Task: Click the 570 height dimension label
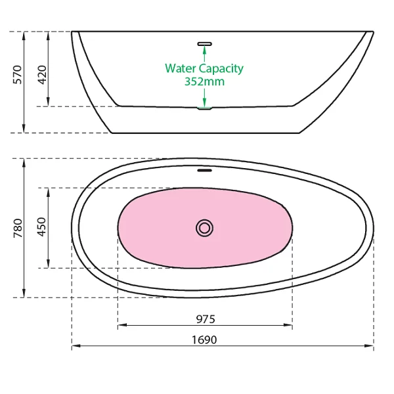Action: tap(18, 75)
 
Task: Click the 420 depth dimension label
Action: tap(42, 75)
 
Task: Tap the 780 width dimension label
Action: tap(18, 228)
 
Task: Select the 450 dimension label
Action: tap(42, 227)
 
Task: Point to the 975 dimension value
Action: tap(206, 319)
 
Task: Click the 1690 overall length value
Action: tap(204, 339)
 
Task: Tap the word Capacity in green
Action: tap(221, 68)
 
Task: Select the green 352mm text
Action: tap(204, 81)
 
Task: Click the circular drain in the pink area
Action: tap(204, 228)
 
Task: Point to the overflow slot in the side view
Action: tap(204, 44)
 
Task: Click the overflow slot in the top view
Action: tap(204, 170)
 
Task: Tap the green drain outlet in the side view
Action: tap(204, 108)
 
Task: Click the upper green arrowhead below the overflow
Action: tap(204, 50)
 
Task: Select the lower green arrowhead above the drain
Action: tap(204, 103)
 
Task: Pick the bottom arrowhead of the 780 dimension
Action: tap(24, 293)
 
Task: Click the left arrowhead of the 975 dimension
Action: tap(122, 325)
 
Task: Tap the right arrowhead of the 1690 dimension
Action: tap(369, 346)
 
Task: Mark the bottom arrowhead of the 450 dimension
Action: tap(48, 263)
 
